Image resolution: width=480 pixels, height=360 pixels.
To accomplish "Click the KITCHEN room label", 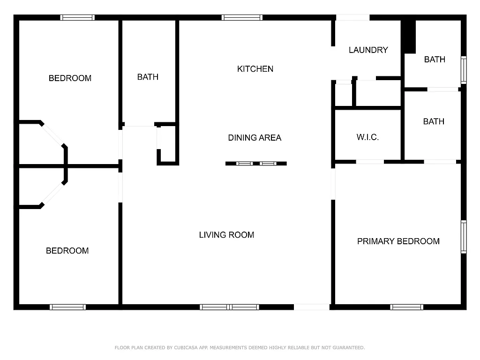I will coord(255,69).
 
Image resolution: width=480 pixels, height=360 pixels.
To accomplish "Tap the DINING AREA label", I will coord(255,138).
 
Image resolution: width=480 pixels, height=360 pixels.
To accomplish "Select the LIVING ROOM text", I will coord(226,235).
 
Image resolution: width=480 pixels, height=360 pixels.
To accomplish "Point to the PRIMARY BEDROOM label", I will coord(398,241).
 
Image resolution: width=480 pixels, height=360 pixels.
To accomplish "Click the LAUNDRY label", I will coord(368,50).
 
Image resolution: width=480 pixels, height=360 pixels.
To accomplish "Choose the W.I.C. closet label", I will coord(367,137).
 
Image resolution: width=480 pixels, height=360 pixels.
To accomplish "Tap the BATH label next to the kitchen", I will coord(148,77).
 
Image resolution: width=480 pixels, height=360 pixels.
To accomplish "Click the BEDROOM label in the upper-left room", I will coord(70,78).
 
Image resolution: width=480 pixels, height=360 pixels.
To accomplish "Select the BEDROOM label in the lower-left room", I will coord(67,251).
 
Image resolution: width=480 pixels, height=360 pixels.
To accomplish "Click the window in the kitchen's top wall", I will coord(242,18).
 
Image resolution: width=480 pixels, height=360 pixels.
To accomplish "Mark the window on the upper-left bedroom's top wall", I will coord(77,18).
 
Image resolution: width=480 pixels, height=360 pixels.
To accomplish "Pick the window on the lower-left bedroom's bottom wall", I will coord(67,307).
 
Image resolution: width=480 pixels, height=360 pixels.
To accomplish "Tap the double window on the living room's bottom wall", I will coord(229,307).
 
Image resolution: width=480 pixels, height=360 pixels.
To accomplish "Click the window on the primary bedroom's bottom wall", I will coord(406,307).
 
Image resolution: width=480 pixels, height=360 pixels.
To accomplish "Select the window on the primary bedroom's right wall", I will coord(464,237).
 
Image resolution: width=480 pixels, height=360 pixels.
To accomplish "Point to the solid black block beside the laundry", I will coord(410,37).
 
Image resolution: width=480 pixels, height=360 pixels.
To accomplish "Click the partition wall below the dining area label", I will coord(256,164).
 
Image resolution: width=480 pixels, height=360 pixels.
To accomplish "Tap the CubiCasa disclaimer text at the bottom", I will coord(240,348).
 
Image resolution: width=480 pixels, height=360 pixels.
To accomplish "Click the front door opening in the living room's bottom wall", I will coord(312,307).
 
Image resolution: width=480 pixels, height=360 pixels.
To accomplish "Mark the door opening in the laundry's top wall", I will coord(352,18).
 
